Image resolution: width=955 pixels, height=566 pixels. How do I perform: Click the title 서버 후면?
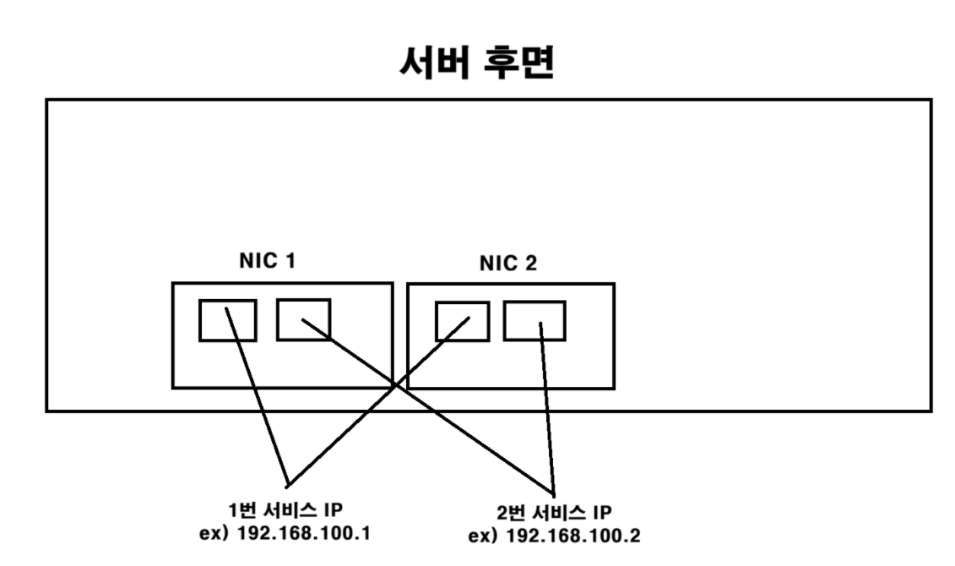coord(477,64)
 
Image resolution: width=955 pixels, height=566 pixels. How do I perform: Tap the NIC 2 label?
coord(508,264)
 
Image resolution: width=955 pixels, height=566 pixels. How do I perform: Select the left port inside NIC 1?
coord(227,320)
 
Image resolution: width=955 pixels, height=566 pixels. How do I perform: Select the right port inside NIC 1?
coord(303,318)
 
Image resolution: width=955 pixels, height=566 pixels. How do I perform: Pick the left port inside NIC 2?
coord(462,321)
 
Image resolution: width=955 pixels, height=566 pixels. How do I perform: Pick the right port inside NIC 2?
coord(534,321)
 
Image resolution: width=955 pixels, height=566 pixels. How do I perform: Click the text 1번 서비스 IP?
coord(287,510)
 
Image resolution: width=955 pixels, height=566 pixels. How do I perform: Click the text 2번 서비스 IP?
coord(554,514)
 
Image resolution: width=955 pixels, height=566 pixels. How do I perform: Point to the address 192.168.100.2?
coord(572,536)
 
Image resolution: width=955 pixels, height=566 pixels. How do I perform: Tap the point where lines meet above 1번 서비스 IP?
coord(288,484)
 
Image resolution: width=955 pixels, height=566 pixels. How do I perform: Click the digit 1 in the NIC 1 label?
coord(290,262)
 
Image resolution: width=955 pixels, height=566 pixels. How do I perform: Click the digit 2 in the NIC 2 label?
coord(531,264)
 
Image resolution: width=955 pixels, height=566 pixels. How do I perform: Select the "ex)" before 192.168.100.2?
coord(482,536)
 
